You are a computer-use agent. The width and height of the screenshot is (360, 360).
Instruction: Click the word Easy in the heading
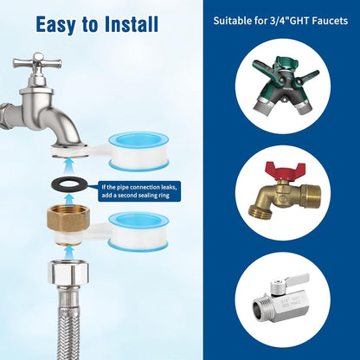[x=55, y=25]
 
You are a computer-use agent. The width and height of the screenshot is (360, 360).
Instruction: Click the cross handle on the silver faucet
[x=37, y=62]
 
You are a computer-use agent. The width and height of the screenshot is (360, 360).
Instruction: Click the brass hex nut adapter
[x=68, y=219]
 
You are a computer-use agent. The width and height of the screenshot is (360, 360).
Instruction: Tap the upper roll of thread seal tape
[x=138, y=151]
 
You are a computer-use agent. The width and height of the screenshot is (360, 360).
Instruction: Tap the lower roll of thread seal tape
[x=138, y=231]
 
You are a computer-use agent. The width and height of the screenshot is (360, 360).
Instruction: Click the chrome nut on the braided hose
[x=68, y=273]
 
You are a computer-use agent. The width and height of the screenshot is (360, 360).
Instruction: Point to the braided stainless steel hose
[x=68, y=323]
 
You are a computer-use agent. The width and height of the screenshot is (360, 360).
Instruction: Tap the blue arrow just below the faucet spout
[x=68, y=167]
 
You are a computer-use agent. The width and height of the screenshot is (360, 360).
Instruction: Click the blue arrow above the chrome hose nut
[x=68, y=252]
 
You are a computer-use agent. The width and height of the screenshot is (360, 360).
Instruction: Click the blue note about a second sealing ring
[x=139, y=191]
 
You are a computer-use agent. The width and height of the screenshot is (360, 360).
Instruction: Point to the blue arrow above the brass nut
[x=68, y=199]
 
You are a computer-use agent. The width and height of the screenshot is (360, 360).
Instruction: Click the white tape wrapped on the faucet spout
[x=69, y=151]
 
